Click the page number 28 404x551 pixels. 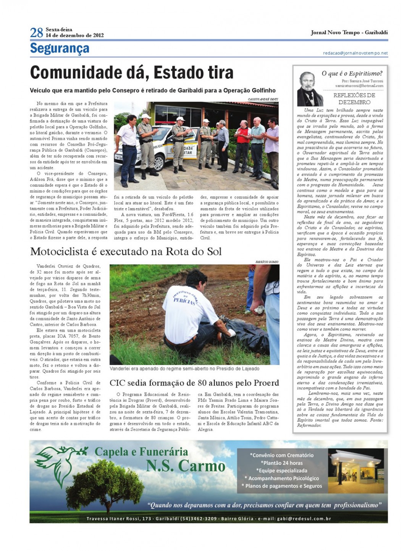37,32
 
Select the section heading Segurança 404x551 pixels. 60,48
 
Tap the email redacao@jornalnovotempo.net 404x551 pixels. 355,53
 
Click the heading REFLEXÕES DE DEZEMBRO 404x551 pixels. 354,99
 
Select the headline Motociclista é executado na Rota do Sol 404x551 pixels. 126,252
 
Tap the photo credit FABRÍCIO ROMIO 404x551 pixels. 267,262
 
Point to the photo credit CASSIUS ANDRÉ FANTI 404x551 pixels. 263,99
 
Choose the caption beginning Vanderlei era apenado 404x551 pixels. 184,369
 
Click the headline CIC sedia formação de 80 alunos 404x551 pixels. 194,383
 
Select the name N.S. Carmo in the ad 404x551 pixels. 186,466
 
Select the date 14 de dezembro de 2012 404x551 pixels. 75,36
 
